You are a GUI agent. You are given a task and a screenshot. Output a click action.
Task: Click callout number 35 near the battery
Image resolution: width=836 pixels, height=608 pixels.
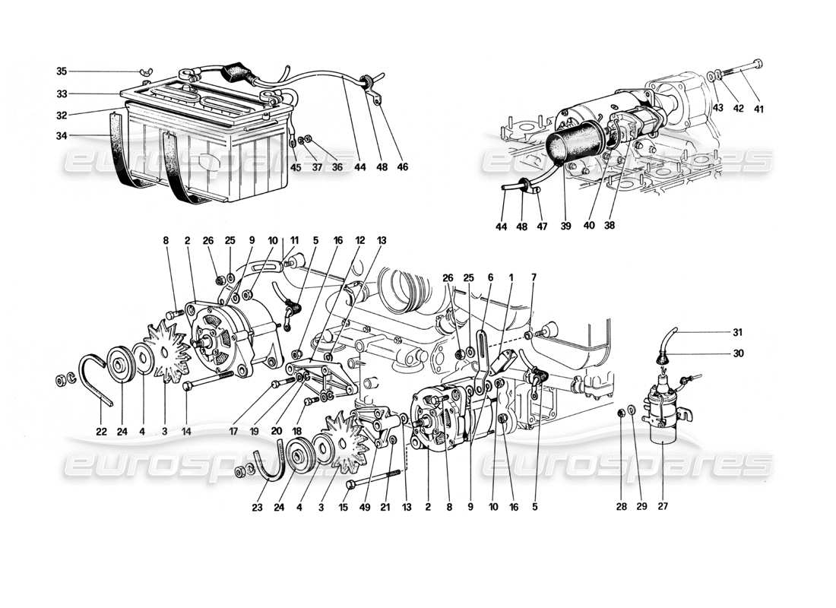click(x=62, y=71)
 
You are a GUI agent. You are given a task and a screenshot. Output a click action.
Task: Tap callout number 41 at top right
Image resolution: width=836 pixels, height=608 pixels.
click(x=758, y=109)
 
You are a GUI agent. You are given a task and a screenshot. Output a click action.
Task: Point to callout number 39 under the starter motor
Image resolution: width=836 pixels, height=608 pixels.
click(x=565, y=226)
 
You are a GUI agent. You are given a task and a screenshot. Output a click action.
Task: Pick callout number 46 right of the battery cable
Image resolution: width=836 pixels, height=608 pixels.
click(x=403, y=166)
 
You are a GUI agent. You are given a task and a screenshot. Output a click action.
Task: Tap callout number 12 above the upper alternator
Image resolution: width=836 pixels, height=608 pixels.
click(x=360, y=240)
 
